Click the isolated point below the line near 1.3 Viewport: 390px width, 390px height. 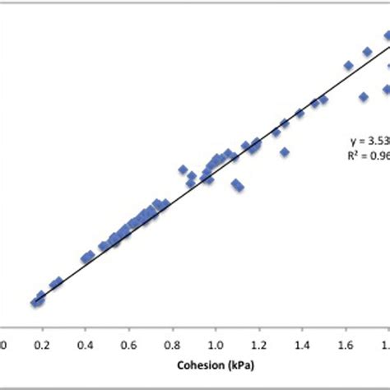pyautogui.click(x=285, y=152)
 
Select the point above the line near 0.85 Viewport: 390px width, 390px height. pyautogui.click(x=183, y=169)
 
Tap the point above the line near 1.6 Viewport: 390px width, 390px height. pyautogui.click(x=348, y=65)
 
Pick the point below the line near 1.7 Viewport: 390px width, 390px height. pyautogui.click(x=362, y=97)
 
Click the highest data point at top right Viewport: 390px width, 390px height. pyautogui.click(x=386, y=35)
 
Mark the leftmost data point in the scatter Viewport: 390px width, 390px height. pyautogui.click(x=35, y=303)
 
